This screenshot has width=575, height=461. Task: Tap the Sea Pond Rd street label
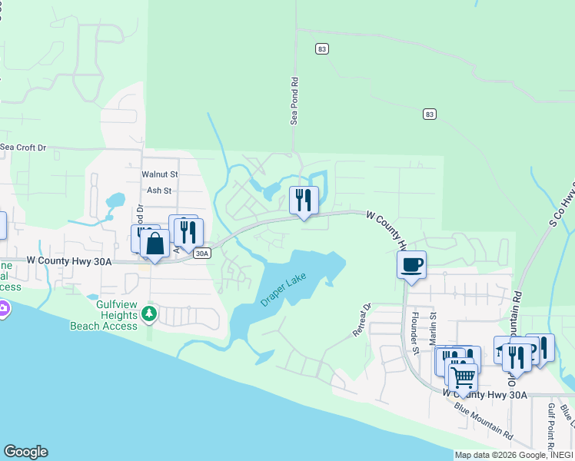pyautogui.click(x=293, y=101)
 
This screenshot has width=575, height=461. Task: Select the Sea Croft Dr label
pyautogui.click(x=23, y=147)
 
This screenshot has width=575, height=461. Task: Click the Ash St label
pyautogui.click(x=158, y=191)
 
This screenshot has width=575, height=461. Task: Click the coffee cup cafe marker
pyautogui.click(x=411, y=265)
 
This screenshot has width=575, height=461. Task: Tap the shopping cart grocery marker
pyautogui.click(x=462, y=376)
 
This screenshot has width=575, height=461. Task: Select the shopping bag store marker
pyautogui.click(x=155, y=244)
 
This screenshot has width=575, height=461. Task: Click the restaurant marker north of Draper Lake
pyautogui.click(x=303, y=201)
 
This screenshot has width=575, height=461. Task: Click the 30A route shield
pyautogui.click(x=201, y=253)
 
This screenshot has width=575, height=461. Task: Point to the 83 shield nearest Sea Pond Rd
pyautogui.click(x=321, y=48)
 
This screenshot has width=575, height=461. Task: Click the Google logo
pyautogui.click(x=25, y=452)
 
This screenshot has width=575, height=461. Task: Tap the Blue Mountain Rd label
pyautogui.click(x=484, y=419)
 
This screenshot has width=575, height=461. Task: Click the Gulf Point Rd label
pyautogui.click(x=551, y=427)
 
